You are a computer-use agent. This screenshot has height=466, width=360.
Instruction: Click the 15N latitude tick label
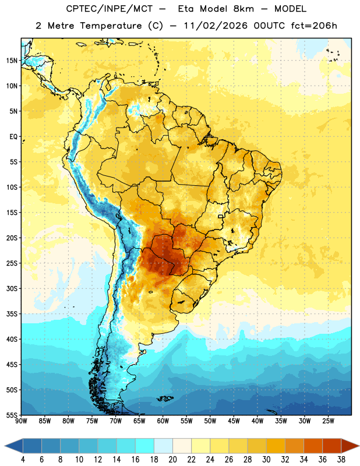pos(12,61)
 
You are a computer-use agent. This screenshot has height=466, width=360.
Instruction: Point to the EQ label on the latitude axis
pos(13,137)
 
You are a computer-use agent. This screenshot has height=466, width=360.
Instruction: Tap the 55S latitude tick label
pos(12,415)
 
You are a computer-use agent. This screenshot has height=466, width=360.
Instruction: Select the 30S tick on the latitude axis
pos(12,288)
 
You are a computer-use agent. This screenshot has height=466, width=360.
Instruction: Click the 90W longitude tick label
pos(22,421)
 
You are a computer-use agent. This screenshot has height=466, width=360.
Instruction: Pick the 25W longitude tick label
pos(328,421)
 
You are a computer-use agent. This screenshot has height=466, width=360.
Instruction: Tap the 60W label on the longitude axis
pos(163,421)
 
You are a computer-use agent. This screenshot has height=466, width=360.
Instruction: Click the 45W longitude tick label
pos(234,421)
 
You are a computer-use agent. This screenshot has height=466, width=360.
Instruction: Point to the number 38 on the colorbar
pos(341,460)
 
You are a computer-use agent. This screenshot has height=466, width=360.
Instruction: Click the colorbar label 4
pos(23,460)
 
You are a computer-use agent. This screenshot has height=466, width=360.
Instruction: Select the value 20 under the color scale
pos(172,460)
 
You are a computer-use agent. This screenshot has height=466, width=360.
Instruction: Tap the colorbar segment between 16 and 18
pos(145,446)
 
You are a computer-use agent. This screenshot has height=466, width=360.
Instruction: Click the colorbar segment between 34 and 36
pos(313,446)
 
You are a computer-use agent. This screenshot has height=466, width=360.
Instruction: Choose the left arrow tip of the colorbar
pos(5,446)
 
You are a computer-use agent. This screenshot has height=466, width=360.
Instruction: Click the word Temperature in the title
pos(111,26)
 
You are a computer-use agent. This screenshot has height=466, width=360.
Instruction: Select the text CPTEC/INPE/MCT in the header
pos(109,9)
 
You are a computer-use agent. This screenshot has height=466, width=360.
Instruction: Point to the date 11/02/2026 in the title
pos(216,26)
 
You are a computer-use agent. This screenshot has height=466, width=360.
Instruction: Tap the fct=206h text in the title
pos(314,26)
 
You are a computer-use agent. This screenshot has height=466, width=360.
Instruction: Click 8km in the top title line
pos(243,9)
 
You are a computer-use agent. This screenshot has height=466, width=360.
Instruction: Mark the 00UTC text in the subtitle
pos(269,26)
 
